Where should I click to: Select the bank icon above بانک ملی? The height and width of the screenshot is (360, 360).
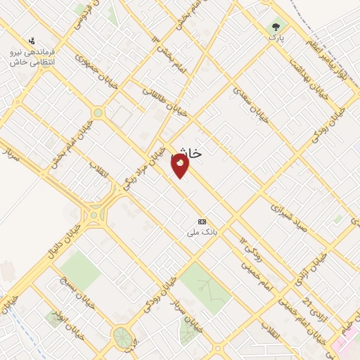coord(202,221)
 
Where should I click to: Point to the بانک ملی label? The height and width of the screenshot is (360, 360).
coord(202,231)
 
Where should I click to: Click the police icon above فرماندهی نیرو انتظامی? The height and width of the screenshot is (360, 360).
coord(32,42)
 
